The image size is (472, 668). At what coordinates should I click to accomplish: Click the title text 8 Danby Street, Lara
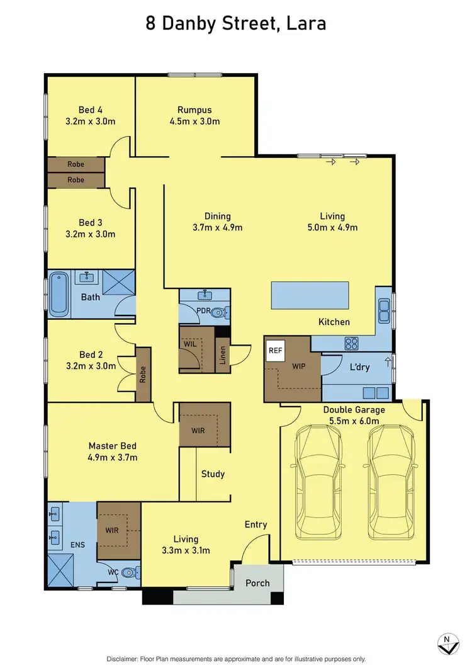point(236,25)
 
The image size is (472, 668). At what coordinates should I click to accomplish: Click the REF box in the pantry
point(274,350)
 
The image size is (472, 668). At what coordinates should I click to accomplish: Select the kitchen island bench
point(310,295)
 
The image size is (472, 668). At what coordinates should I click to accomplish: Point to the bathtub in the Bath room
point(59,293)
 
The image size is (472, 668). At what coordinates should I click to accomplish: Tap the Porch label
point(257,583)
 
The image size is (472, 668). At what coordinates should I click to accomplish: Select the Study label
point(213,474)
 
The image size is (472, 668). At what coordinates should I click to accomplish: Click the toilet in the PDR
point(218,312)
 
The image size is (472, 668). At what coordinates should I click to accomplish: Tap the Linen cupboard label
point(222,356)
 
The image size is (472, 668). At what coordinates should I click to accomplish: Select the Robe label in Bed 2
point(143,375)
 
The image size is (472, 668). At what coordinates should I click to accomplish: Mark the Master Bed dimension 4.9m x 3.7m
point(113,457)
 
